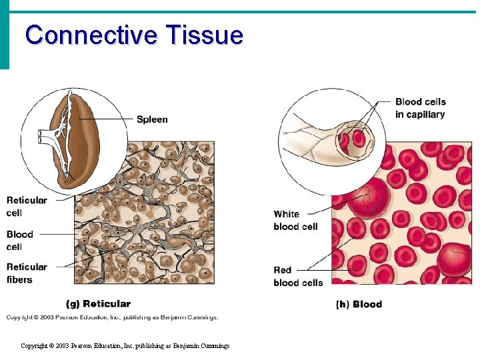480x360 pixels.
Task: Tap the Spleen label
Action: tap(152, 119)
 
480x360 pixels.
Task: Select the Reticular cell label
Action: tap(27, 206)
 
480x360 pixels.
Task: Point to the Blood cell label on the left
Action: tap(20, 240)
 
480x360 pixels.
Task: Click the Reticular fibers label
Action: tap(27, 273)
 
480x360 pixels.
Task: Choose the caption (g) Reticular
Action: tap(99, 304)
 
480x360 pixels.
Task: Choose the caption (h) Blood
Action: tap(359, 305)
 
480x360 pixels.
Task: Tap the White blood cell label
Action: tap(295, 220)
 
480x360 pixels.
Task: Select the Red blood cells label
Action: tap(298, 276)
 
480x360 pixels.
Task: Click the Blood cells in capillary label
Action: tap(420, 108)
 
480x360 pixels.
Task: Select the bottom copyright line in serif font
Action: tap(125, 346)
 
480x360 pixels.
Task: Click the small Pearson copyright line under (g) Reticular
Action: tap(112, 317)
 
